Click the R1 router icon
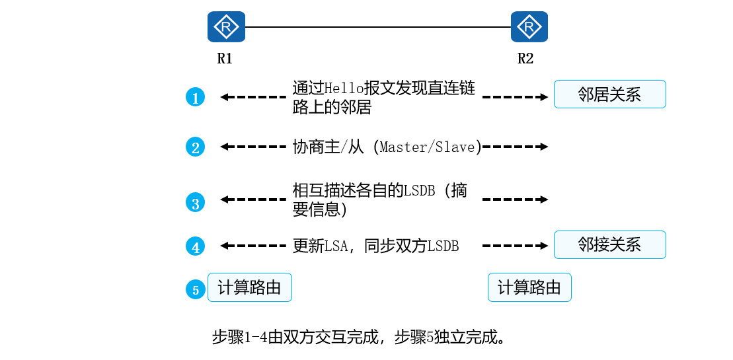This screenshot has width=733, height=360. pyautogui.click(x=226, y=27)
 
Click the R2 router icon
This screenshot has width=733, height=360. pyautogui.click(x=529, y=27)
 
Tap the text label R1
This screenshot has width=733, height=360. pyautogui.click(x=225, y=58)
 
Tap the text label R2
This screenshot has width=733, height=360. pyautogui.click(x=525, y=58)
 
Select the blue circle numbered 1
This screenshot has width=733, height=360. pyautogui.click(x=195, y=98)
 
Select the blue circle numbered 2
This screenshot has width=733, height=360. pyautogui.click(x=195, y=147)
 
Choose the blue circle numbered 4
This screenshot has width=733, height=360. pyautogui.click(x=195, y=247)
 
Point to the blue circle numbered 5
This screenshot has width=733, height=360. pyautogui.click(x=195, y=289)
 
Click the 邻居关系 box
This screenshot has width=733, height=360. pyautogui.click(x=609, y=94)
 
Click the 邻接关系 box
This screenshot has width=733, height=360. pyautogui.click(x=609, y=244)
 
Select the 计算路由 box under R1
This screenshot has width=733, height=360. pyautogui.click(x=250, y=287)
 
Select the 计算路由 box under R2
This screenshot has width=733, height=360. pyautogui.click(x=529, y=287)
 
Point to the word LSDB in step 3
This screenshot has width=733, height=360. pyautogui.click(x=420, y=191)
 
